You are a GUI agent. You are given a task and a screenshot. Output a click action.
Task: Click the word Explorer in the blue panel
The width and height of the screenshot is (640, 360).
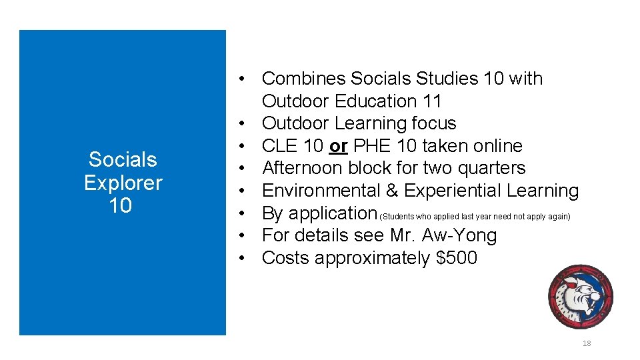[x=123, y=183]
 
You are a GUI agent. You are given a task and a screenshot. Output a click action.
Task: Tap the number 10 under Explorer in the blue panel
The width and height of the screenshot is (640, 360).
[x=120, y=206]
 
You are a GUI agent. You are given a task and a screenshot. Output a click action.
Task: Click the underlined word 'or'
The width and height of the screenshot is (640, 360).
[x=338, y=146]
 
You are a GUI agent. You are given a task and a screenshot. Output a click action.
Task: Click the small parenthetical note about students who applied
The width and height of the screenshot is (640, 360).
[x=475, y=217]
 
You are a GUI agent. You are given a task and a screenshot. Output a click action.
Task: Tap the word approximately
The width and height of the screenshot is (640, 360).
[x=372, y=258]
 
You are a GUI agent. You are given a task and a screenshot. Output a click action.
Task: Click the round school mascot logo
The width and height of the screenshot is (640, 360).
[x=580, y=297]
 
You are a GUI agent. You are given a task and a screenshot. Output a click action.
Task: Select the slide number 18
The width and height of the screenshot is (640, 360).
[x=587, y=344]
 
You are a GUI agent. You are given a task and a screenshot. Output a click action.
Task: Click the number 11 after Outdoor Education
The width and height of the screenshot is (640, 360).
[x=431, y=101]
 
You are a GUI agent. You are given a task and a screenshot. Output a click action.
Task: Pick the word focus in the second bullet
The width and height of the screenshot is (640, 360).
[x=433, y=123]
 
